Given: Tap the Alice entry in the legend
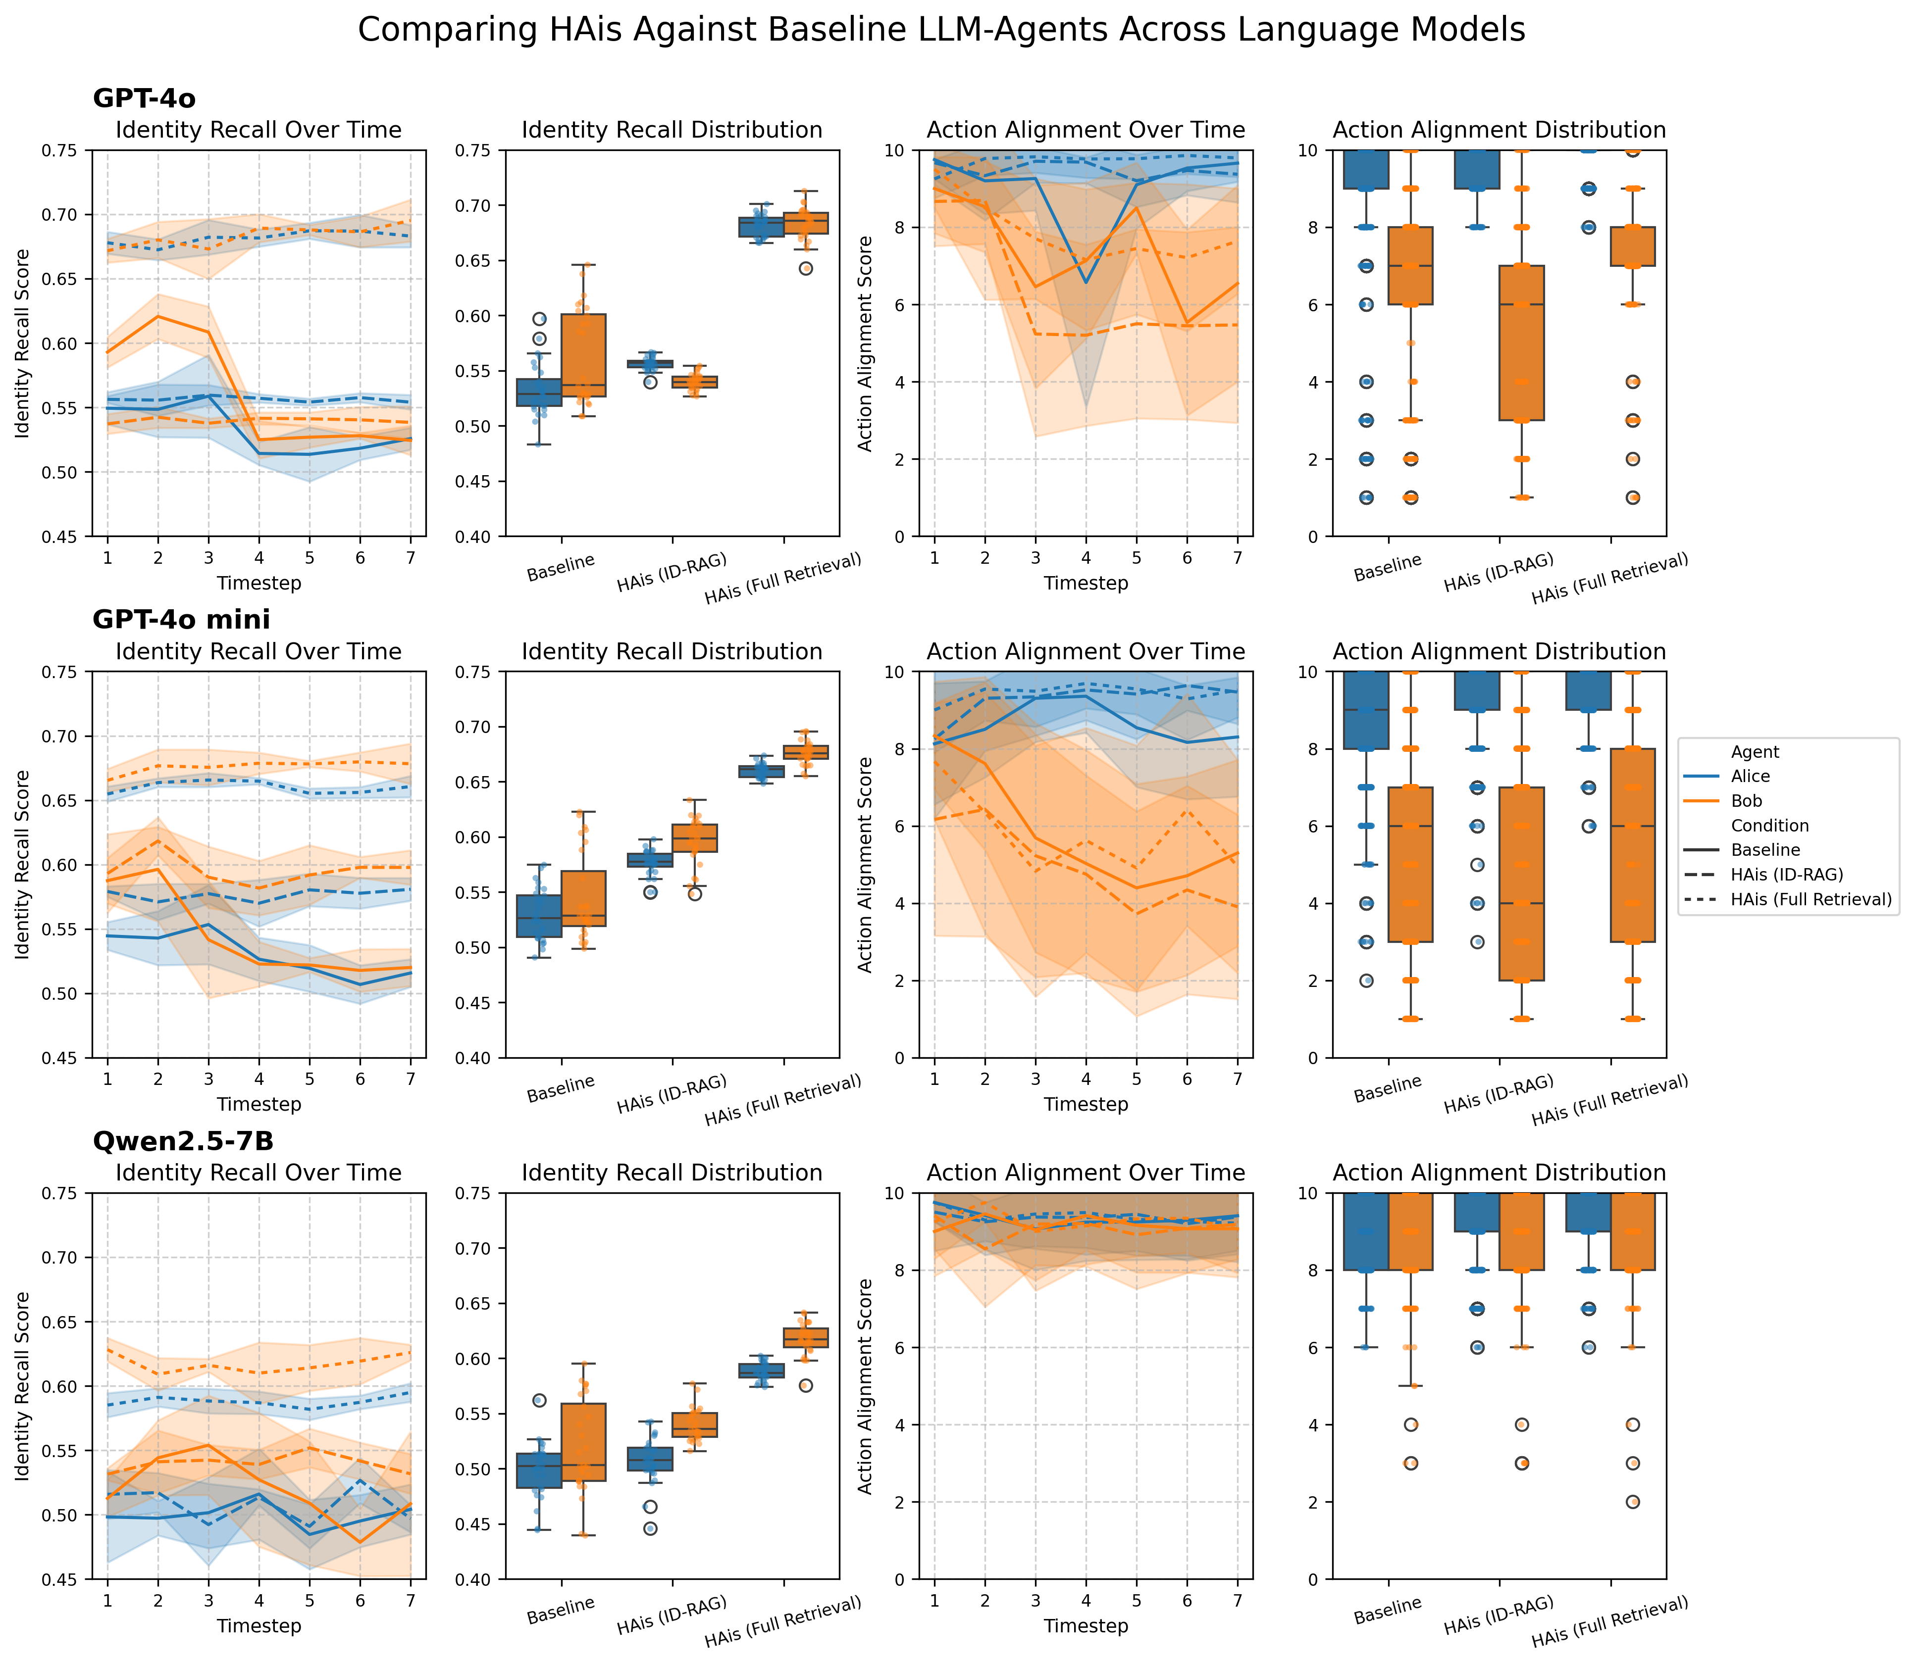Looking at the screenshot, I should pos(1750,776).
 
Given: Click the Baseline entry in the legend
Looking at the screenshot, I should pos(1764,850).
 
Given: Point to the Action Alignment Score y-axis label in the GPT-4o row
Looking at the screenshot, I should pos(866,343).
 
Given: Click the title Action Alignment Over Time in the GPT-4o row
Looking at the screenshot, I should pos(1086,130).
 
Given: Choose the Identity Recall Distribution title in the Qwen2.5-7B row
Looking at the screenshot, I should pos(672,1173).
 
